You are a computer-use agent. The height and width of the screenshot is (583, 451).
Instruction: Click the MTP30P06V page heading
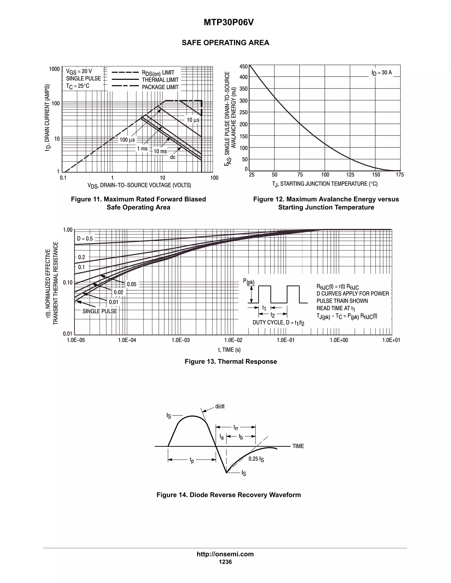[x=228, y=23]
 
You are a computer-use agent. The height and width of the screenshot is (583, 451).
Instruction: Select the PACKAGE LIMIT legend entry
[x=160, y=87]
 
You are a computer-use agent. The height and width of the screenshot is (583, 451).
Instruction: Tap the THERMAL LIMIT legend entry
[x=160, y=80]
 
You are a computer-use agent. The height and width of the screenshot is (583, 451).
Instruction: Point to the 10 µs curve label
[x=193, y=120]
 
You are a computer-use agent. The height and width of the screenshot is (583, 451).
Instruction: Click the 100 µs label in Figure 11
[x=127, y=140]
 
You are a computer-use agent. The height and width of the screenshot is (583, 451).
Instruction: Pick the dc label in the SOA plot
[x=173, y=157]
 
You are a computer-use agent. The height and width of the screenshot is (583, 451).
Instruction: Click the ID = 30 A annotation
[x=382, y=73]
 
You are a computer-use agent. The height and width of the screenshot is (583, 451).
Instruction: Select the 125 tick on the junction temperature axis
[x=350, y=175]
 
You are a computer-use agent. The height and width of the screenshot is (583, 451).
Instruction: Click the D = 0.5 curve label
[x=85, y=239]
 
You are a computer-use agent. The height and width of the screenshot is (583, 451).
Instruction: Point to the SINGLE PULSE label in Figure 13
[x=100, y=311]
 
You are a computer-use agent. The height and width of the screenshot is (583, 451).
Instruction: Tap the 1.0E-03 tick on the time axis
[x=181, y=340]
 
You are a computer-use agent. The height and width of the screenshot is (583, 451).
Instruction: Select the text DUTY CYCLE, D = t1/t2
[x=278, y=323]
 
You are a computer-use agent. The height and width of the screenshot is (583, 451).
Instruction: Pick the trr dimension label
[x=236, y=427]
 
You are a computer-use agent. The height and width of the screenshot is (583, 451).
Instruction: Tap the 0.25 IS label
[x=256, y=459]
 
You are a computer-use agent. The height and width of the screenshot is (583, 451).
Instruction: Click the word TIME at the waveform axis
[x=298, y=446]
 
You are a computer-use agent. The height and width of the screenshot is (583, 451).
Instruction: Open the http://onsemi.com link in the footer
[x=225, y=554]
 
